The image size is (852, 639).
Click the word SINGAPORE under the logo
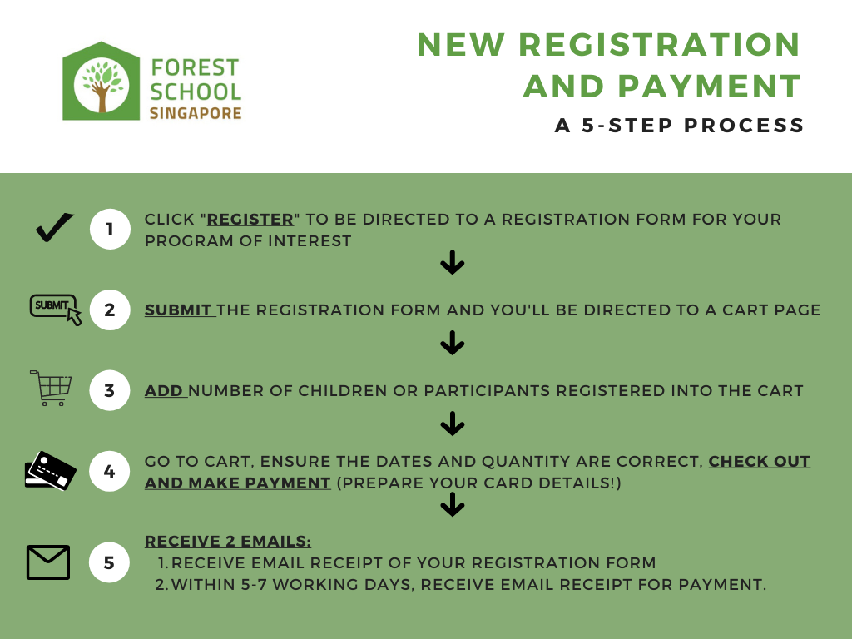pos(196,113)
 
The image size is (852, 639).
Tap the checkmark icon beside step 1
pos(55,228)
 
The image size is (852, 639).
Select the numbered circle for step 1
pos(110,230)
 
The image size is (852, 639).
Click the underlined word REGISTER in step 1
pos(250,220)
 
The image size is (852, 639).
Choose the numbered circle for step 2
pos(110,310)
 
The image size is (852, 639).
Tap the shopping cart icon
pos(52,388)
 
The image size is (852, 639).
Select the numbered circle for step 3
pos(110,390)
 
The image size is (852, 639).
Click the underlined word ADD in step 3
pos(165,390)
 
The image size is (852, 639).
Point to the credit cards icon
pos(50,471)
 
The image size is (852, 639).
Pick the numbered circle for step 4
pos(110,472)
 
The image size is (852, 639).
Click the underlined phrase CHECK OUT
pos(759,462)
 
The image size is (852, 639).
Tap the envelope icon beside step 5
pos(48,562)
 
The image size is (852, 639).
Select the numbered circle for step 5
pos(110,563)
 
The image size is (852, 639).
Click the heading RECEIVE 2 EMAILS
pos(228,542)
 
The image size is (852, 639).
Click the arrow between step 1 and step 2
pos(452,264)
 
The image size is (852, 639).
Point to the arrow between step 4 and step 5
pos(452,504)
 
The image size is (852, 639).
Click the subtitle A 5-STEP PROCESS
pos(680,126)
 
